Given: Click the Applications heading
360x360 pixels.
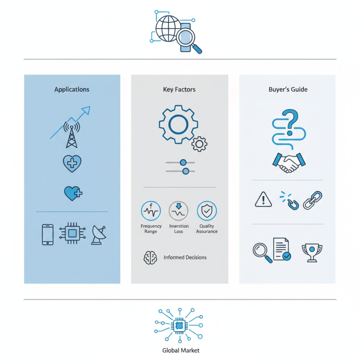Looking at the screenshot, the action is (72, 89).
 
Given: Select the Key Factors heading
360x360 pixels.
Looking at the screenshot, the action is (179, 89).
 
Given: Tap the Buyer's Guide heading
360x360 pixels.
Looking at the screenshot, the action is (288, 89).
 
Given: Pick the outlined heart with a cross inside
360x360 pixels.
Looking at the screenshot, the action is (72, 163).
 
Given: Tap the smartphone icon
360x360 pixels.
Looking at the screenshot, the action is (48, 234).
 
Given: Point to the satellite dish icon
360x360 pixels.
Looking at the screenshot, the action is (99, 235).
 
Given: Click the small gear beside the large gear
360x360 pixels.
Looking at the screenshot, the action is (199, 144).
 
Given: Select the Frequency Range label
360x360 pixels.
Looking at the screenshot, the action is (151, 229).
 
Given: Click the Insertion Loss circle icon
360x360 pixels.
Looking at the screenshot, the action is (178, 211).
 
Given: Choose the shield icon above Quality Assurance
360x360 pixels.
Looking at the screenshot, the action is (207, 211).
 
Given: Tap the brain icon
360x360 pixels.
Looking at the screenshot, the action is (150, 257).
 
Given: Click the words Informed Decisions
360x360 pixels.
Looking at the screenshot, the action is (185, 257).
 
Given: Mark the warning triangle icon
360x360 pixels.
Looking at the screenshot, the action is (263, 199).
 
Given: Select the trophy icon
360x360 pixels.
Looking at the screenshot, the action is (312, 252).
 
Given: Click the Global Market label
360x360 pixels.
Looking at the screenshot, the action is (181, 351).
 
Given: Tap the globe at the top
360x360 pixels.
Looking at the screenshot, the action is (168, 28).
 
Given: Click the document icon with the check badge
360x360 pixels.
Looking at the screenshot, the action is (282, 249).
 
